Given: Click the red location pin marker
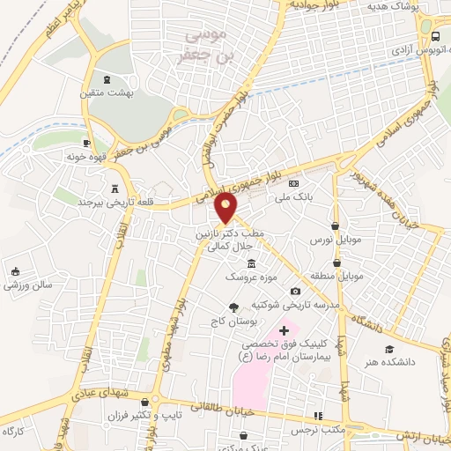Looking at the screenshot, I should point(226,207).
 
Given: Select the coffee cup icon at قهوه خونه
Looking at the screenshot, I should point(86,143).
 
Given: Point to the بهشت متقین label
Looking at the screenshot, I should point(107,92).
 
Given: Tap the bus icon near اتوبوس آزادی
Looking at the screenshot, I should point(436,36).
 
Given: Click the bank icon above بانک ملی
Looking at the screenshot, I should point(294,182).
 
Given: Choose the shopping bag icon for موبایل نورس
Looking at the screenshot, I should point(336,225).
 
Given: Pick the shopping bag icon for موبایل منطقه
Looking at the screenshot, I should point(336,262).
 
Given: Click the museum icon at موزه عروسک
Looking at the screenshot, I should point(252,263).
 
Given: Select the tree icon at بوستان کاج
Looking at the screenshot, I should point(233,307).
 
